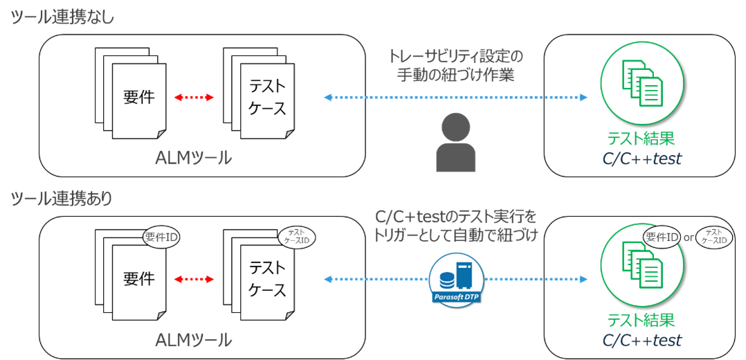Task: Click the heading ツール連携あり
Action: click(x=63, y=199)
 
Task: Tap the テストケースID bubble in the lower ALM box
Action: click(x=296, y=235)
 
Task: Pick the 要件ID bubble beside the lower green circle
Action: click(x=662, y=237)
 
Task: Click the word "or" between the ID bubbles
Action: click(x=689, y=237)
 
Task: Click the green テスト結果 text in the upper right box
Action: click(x=641, y=138)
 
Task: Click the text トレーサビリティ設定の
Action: click(x=456, y=57)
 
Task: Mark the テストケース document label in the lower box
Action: click(x=268, y=278)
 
